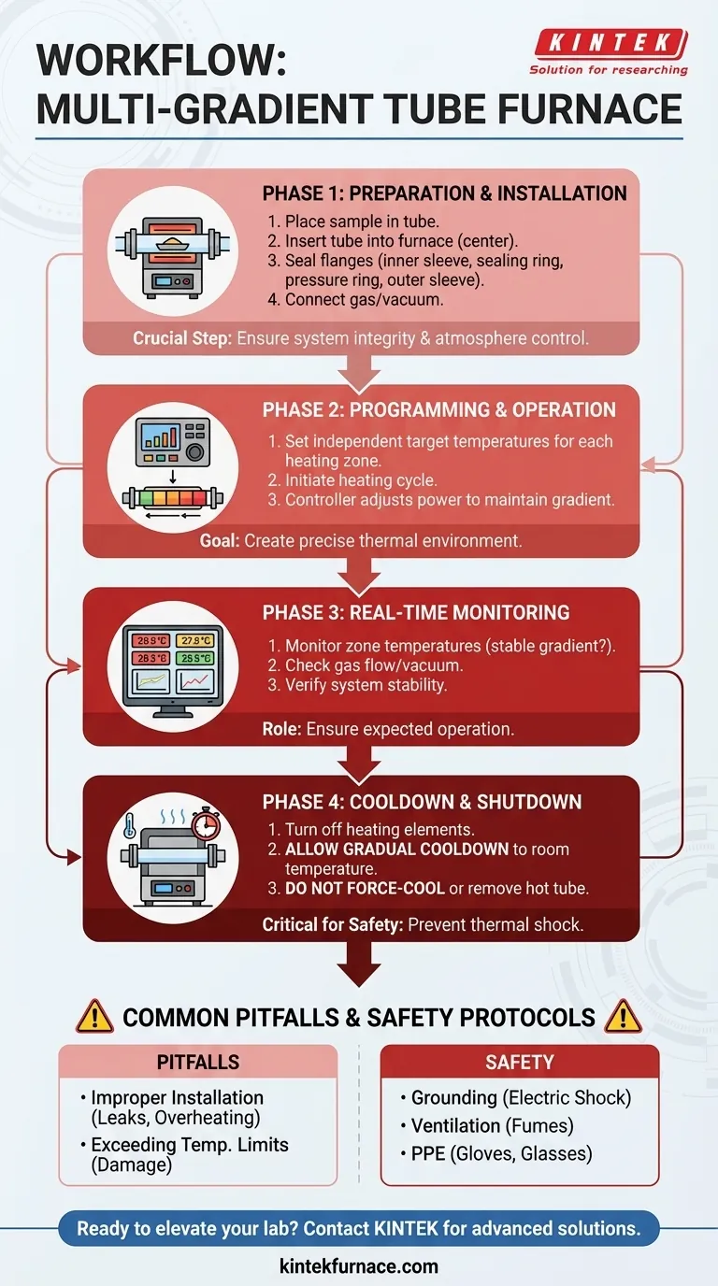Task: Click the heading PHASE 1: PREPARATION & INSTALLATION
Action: tap(444, 193)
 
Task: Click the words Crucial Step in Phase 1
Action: tap(182, 338)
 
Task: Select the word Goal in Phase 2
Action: tap(218, 540)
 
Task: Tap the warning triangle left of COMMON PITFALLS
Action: tap(93, 1016)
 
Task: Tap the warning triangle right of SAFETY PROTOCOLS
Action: tap(624, 1016)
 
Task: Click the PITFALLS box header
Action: tap(197, 1062)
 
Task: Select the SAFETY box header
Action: tap(520, 1062)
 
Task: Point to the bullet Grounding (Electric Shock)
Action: tap(520, 1098)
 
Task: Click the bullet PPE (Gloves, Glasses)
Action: tap(501, 1153)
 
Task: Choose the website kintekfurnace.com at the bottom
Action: tap(359, 1266)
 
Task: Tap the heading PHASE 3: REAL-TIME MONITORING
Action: tap(416, 613)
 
